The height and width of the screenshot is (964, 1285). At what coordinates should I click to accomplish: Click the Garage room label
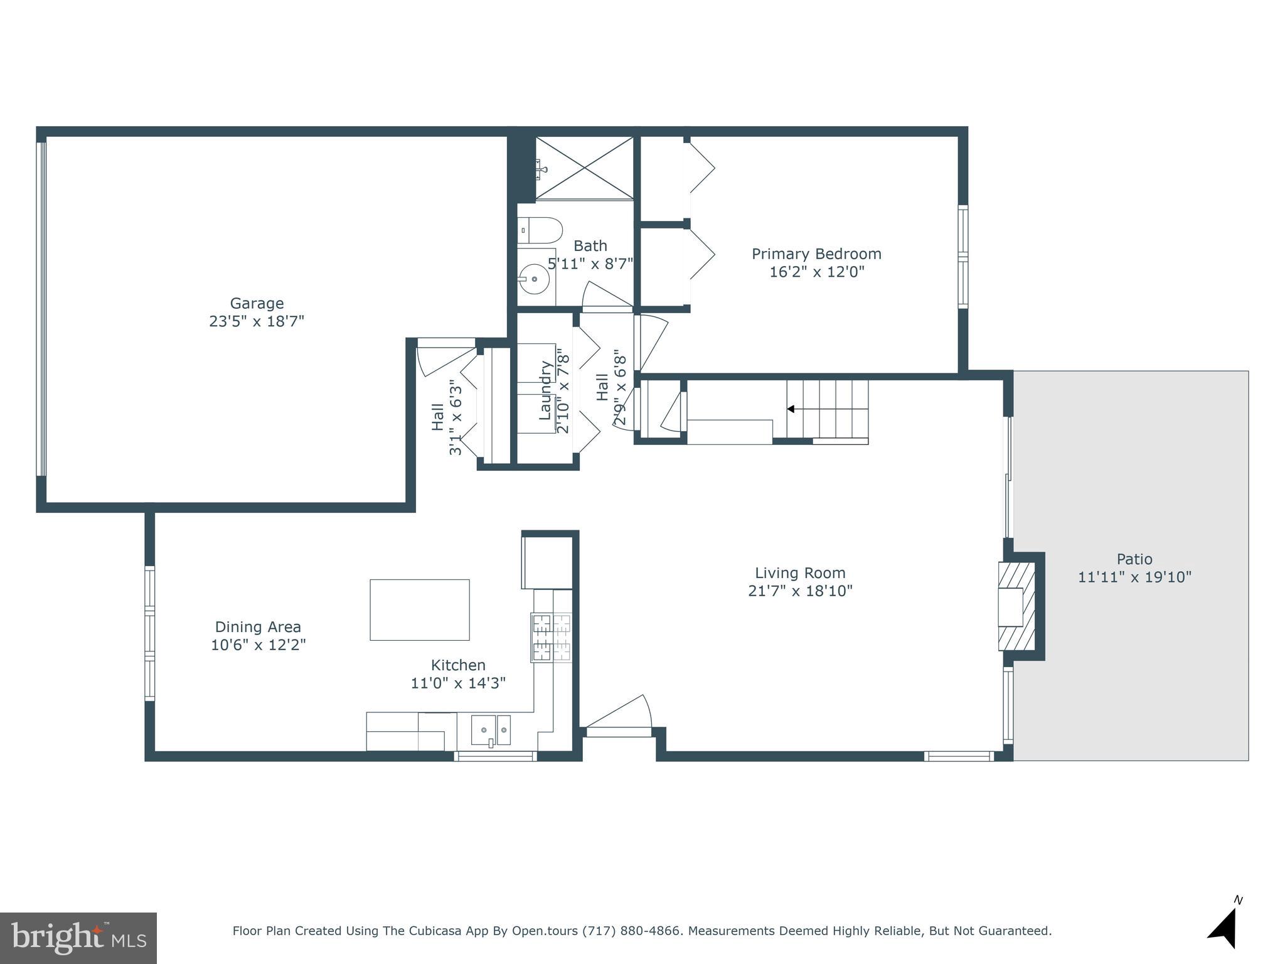[257, 304]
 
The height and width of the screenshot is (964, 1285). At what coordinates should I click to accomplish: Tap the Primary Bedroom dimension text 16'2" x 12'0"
[816, 272]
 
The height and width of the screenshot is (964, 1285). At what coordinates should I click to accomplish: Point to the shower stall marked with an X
[584, 168]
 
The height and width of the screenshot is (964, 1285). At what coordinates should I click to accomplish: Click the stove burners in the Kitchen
[552, 638]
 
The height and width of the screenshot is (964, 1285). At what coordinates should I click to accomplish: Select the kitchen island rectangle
[419, 609]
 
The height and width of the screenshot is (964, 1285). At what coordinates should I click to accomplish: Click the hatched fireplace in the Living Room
[1016, 606]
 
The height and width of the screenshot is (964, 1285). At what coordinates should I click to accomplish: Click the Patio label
[1134, 559]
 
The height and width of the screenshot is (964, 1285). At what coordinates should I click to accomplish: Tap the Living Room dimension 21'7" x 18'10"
[800, 591]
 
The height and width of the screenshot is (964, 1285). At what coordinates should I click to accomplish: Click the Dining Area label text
[258, 627]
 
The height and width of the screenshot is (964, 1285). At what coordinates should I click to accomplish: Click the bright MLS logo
[78, 938]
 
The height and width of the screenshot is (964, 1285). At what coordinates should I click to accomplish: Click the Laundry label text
[545, 390]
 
